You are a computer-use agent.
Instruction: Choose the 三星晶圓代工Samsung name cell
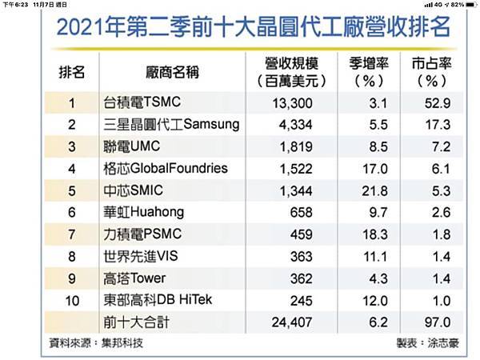(x=171, y=125)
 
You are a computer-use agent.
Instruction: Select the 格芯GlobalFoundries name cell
(x=166, y=169)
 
